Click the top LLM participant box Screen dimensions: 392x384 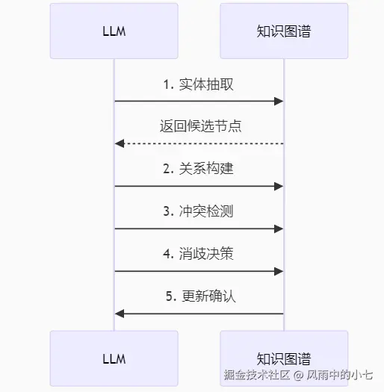pos(114,31)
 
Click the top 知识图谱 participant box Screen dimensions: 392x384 pos(284,31)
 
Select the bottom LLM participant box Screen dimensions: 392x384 pos(114,358)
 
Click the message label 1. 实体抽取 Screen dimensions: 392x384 pos(199,84)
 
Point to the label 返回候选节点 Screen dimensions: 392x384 pos(200,126)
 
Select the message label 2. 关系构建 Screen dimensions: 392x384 pos(199,169)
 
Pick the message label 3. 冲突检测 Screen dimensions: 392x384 pos(199,211)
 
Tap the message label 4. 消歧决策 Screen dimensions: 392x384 pos(199,254)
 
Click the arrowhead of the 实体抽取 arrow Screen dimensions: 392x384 pos(279,101)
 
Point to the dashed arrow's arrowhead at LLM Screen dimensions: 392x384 pos(119,143)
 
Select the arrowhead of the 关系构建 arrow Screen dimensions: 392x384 pos(279,186)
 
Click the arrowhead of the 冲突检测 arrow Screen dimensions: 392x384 pos(279,228)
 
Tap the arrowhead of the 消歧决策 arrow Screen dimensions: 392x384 pos(279,271)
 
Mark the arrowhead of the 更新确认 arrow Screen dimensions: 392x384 pos(119,314)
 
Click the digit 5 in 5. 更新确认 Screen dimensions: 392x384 pos(169,296)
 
